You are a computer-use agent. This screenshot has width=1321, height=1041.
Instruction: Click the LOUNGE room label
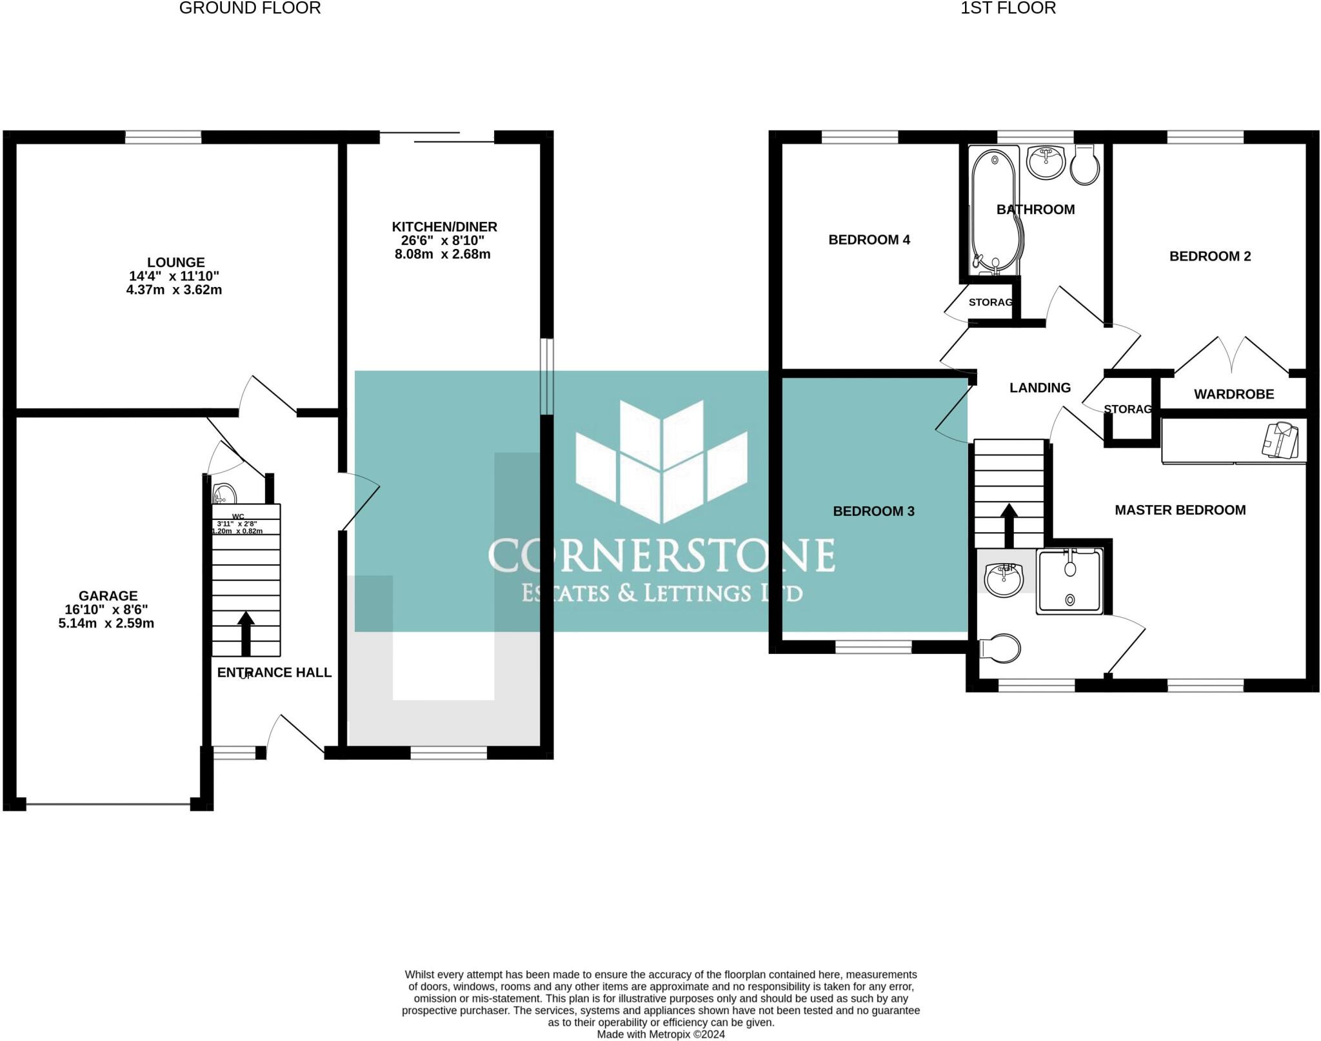[175, 263]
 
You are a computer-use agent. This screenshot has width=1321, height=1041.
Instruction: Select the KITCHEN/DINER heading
[444, 227]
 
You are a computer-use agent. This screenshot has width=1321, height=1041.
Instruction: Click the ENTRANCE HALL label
[274, 673]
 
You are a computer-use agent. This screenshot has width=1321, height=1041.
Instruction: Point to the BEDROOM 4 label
[869, 240]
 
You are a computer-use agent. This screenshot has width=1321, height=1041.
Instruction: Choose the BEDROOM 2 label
[1209, 256]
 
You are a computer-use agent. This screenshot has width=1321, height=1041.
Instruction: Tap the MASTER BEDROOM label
[1180, 510]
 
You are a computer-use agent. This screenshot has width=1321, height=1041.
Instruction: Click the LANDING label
[1040, 388]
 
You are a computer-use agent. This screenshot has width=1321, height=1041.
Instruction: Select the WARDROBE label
[1233, 394]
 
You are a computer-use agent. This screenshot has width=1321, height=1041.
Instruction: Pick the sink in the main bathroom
[1046, 161]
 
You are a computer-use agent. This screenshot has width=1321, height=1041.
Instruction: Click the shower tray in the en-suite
[1070, 580]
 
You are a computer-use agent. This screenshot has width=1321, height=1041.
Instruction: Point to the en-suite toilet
[1000, 648]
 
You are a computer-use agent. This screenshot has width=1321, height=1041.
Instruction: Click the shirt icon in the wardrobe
[1280, 440]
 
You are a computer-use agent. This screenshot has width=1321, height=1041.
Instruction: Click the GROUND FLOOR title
[250, 8]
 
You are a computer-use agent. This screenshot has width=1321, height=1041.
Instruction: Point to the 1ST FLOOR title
[1008, 8]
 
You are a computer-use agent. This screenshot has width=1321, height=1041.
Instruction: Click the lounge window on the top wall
[163, 137]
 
